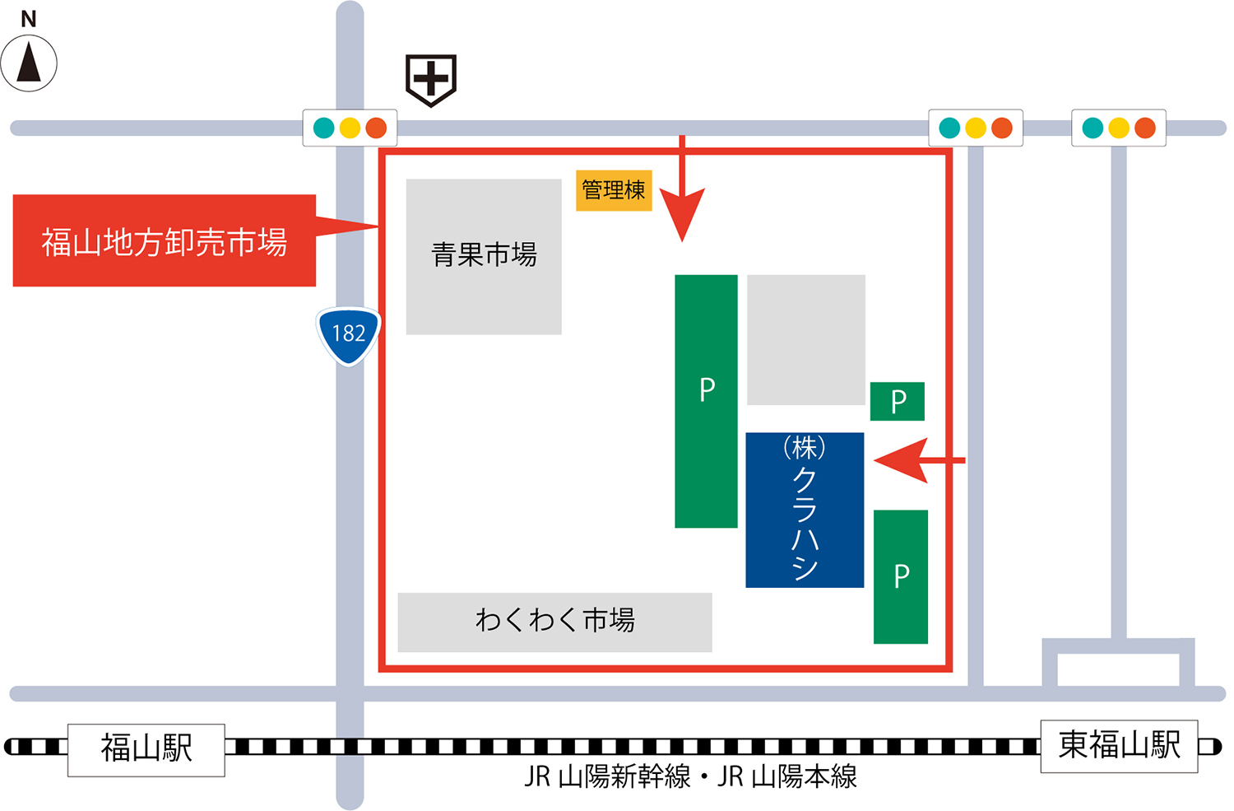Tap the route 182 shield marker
[349, 334]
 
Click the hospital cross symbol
[431, 80]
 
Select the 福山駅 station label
[146, 749]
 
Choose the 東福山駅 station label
[1119, 746]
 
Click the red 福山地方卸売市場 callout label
[165, 241]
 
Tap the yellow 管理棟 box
[614, 190]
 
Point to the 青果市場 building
[484, 256]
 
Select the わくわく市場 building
[554, 622]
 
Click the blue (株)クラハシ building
[805, 510]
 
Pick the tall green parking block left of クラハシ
[706, 400]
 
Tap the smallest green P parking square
[898, 401]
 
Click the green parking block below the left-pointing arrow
[901, 576]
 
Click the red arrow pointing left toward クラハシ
[913, 460]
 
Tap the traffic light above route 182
[350, 128]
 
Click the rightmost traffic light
[1118, 128]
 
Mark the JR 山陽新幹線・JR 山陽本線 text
[691, 776]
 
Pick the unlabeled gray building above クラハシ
[806, 339]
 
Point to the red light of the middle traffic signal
[1001, 128]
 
